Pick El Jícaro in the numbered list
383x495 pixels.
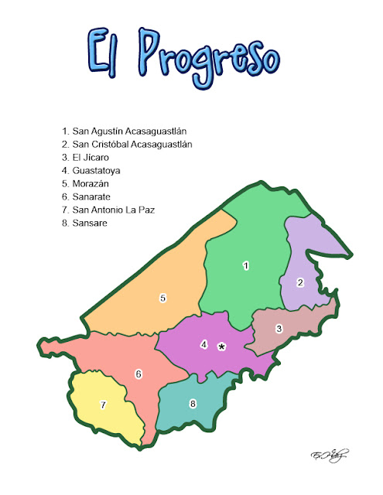tap(96, 157)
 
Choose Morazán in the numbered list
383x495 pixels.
tap(97, 183)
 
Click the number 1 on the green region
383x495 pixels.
tap(245, 266)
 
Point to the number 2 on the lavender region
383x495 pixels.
tap(300, 282)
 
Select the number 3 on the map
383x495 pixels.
tap(279, 328)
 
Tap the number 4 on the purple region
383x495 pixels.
tap(204, 344)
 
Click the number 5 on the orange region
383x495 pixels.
tap(162, 297)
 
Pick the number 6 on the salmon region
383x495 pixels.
tap(138, 374)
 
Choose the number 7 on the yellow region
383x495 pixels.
tap(102, 405)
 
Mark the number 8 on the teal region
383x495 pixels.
tap(193, 403)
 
